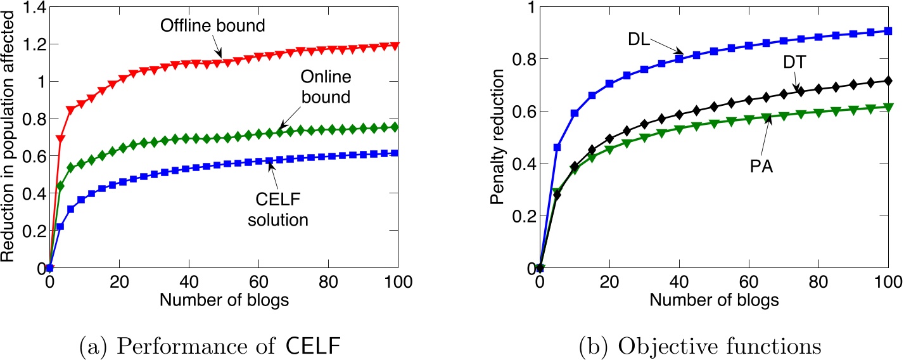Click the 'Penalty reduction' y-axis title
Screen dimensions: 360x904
point(499,136)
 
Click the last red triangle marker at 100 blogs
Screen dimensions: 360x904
point(395,46)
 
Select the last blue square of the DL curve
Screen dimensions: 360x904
point(888,31)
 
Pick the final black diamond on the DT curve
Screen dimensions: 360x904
point(888,80)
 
